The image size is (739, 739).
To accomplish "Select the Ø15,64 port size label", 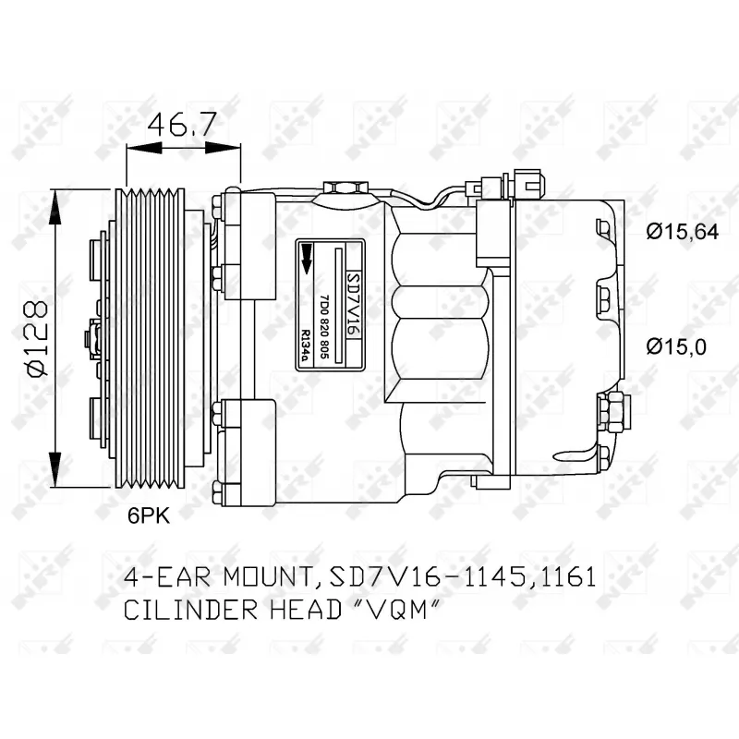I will tap(682, 233).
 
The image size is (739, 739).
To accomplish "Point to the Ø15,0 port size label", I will tap(676, 346).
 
